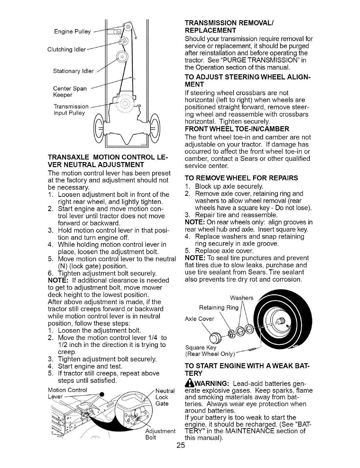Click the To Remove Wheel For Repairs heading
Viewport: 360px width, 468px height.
[x=241, y=178]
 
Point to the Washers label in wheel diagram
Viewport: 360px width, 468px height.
[x=242, y=298]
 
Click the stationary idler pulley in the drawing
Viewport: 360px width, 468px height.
[x=122, y=56]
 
